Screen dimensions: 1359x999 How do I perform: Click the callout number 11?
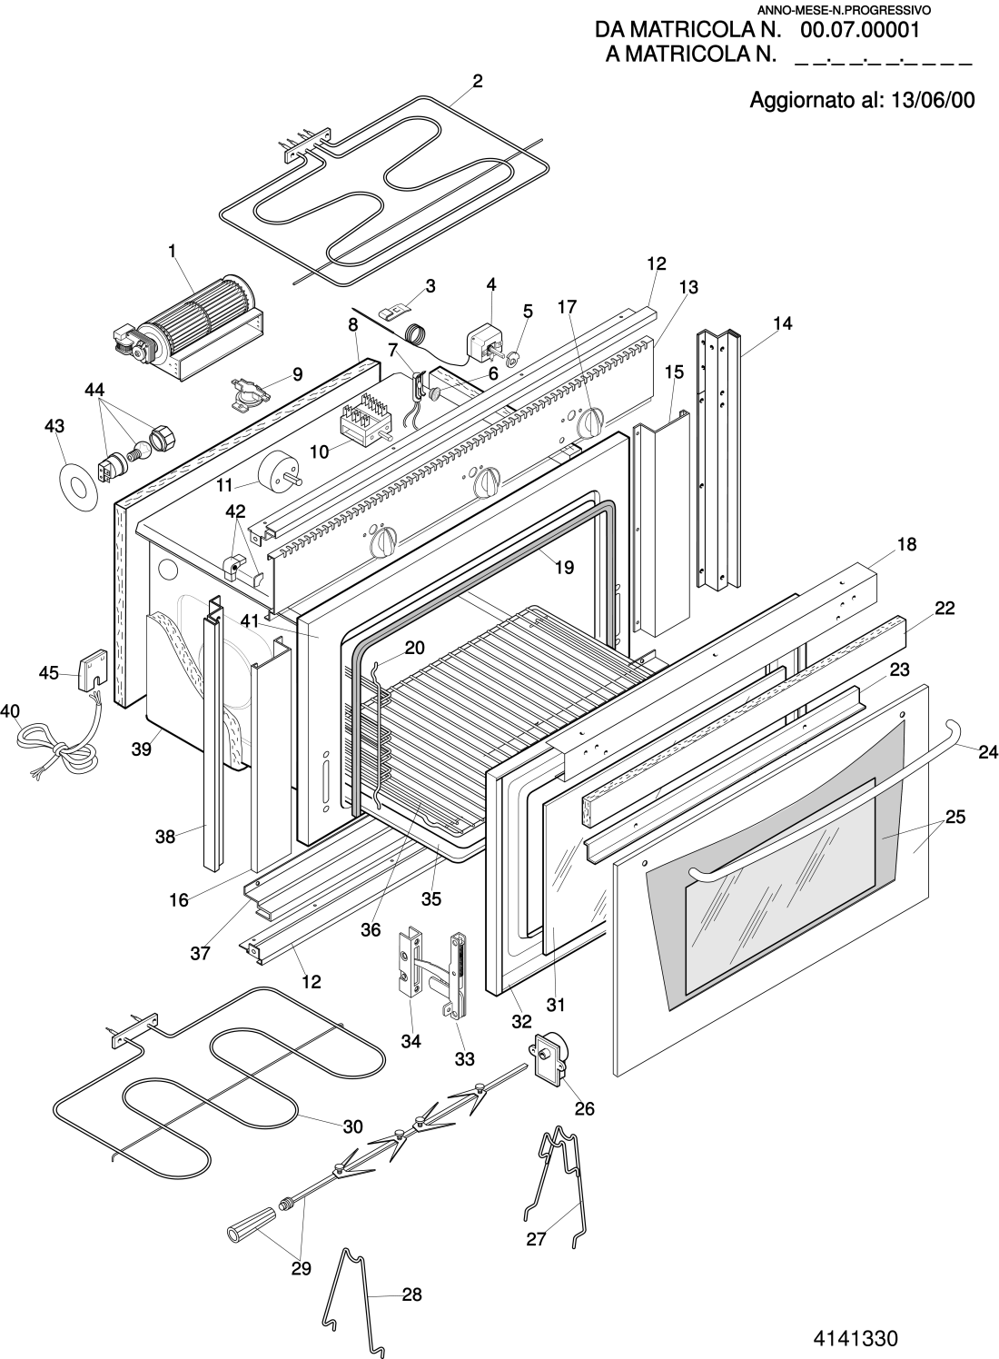(x=224, y=485)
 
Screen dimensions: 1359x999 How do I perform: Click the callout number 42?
(x=235, y=511)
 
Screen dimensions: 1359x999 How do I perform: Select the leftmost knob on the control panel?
(x=385, y=544)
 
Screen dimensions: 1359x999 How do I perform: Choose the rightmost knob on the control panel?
(x=592, y=421)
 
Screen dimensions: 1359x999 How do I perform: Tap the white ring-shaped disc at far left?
(x=77, y=489)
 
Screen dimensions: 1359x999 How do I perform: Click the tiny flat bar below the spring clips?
(x=303, y=1193)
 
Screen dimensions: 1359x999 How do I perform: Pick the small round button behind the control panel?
(x=435, y=393)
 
